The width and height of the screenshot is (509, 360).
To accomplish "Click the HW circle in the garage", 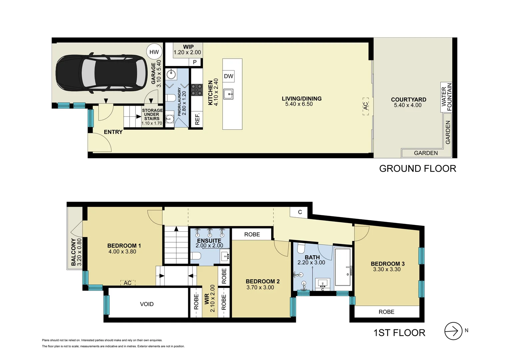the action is (x=154, y=52).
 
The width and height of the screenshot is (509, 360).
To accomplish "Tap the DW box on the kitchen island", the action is (x=229, y=76).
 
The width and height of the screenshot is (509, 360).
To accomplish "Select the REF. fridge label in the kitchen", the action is (x=197, y=119).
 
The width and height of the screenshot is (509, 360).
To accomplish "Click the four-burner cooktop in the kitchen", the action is (x=197, y=90).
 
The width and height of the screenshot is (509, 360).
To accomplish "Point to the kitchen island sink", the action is (x=229, y=94).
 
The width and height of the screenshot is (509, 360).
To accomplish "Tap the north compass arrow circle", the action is (x=453, y=331).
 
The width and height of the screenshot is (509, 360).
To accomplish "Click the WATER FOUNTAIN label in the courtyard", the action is (x=446, y=97).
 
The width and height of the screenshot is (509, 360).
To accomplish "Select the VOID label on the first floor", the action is (x=147, y=304).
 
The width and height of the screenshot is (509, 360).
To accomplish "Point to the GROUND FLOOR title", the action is (x=418, y=169).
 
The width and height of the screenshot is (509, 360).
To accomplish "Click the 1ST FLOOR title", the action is (x=399, y=333).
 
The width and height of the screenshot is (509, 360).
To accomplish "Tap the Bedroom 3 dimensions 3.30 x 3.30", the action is (x=387, y=269).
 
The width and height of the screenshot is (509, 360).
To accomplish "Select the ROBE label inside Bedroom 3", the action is (x=386, y=312).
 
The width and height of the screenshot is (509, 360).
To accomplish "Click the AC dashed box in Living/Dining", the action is (x=366, y=106).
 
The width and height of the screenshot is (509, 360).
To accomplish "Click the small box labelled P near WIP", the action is (x=195, y=62).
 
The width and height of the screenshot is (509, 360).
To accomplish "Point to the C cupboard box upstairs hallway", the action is (x=300, y=212).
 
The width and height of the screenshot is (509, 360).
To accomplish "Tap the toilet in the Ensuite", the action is (x=196, y=256).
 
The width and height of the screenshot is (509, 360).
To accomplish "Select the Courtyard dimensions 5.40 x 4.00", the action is (x=408, y=105).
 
